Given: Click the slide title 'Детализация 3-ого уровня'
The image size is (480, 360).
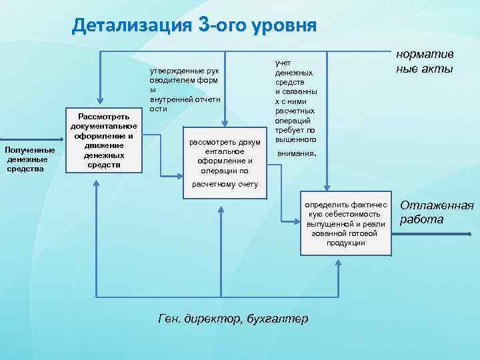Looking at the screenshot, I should [194, 25].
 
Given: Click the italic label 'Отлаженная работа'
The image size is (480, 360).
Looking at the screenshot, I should [436, 212].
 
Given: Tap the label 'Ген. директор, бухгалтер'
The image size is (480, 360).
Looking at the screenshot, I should [233, 318].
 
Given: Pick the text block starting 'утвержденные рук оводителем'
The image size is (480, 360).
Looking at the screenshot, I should [185, 89].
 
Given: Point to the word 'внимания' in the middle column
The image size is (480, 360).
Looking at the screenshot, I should [295, 153].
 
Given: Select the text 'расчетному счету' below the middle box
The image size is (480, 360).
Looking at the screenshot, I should [225, 184].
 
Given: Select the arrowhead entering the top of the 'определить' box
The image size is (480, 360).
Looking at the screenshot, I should [326, 189].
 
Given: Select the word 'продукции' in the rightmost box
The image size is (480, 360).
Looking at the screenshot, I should [345, 243].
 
